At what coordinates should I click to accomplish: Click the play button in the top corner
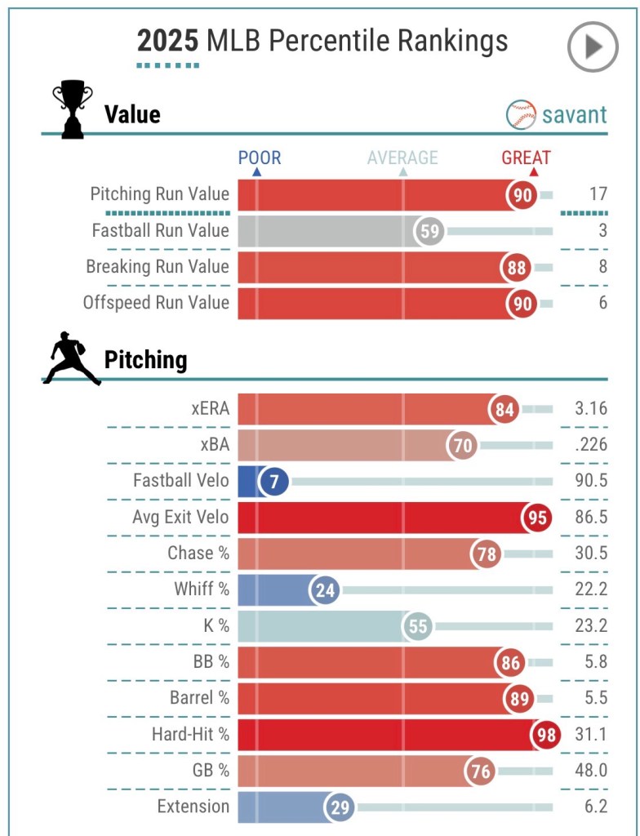(x=593, y=47)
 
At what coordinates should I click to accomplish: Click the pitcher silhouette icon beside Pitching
(x=70, y=360)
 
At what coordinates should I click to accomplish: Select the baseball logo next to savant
(x=522, y=114)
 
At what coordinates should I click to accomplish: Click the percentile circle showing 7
(x=274, y=482)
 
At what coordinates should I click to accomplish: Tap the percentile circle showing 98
(x=545, y=735)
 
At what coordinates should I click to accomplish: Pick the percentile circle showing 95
(x=536, y=518)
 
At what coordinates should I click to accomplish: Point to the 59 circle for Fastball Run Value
(x=429, y=231)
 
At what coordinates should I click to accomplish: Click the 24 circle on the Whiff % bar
(x=326, y=589)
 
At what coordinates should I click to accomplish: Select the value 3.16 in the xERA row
(x=590, y=408)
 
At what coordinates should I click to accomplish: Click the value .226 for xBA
(x=590, y=445)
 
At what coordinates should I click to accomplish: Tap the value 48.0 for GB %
(x=590, y=771)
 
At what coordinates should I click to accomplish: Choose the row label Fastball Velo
(x=181, y=481)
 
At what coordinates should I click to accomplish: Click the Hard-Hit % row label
(x=190, y=735)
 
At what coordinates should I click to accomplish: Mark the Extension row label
(x=193, y=807)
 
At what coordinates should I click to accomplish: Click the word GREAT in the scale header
(x=526, y=158)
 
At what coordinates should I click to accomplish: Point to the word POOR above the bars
(x=260, y=158)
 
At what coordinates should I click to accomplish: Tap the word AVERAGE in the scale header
(x=402, y=158)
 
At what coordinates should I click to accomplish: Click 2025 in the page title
(x=167, y=40)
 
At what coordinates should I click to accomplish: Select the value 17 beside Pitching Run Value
(x=598, y=194)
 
